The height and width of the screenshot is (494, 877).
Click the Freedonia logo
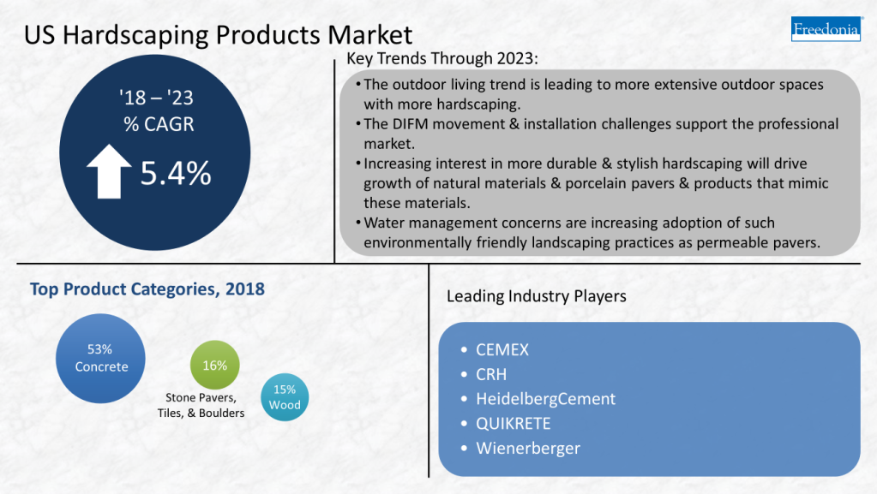(x=825, y=28)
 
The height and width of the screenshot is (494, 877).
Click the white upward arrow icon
(x=109, y=172)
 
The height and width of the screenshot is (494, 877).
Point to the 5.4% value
(x=176, y=173)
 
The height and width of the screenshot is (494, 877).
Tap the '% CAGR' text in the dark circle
(x=159, y=124)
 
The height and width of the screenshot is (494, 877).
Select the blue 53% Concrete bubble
(x=100, y=358)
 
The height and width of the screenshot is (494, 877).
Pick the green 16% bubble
(x=214, y=366)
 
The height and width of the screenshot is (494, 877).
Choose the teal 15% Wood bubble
(x=285, y=397)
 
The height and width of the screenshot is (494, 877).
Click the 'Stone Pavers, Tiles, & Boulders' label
(x=201, y=405)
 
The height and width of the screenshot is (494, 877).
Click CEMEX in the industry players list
(x=502, y=350)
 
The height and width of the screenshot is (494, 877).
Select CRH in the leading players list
(x=491, y=374)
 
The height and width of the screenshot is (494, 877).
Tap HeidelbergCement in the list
(x=545, y=399)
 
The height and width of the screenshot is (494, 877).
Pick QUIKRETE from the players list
(x=513, y=424)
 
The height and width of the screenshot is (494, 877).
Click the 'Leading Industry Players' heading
(x=536, y=296)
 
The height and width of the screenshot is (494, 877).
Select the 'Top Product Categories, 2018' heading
(x=147, y=289)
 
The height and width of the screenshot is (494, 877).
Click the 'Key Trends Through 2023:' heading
(x=442, y=59)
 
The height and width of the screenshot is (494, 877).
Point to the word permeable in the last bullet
(x=737, y=242)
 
